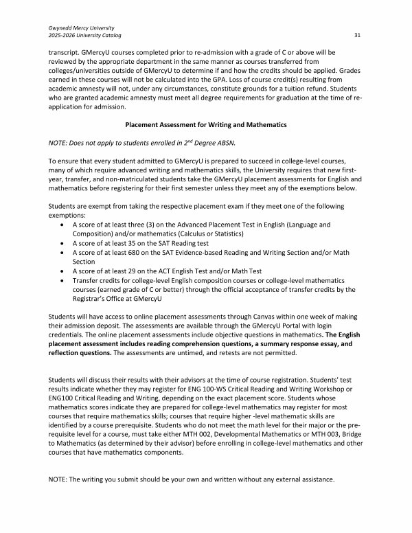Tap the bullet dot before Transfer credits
click(x=64, y=280)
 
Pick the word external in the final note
click(x=282, y=480)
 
